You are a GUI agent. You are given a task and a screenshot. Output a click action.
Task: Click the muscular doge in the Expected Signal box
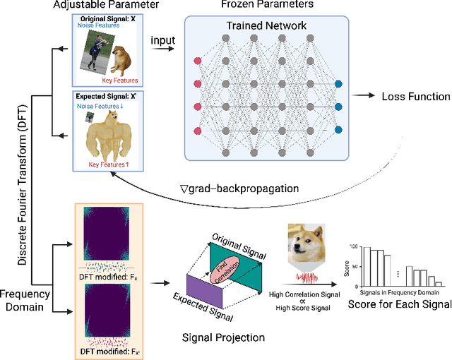[x=110, y=135]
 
